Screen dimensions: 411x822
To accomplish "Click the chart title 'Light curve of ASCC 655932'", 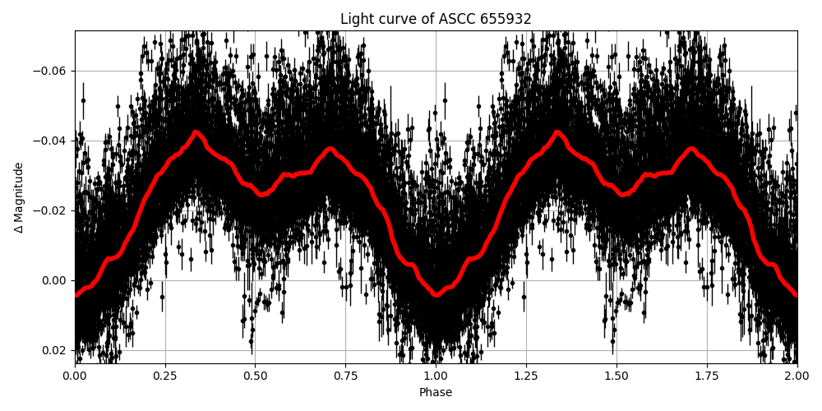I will click(436, 19).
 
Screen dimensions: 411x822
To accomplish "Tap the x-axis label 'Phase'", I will click(436, 392).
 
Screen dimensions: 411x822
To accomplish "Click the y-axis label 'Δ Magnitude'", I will click(19, 197).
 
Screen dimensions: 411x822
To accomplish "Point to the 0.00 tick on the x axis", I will click(75, 376).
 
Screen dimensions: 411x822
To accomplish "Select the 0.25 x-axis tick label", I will click(165, 376).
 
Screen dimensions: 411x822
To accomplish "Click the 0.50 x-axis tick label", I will click(256, 376).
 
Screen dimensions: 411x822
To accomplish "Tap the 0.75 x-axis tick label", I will click(345, 376).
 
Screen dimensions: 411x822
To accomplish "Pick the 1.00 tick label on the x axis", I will click(436, 376).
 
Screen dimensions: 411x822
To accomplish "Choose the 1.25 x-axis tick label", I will click(526, 376).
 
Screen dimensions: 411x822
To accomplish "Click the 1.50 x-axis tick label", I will click(616, 376).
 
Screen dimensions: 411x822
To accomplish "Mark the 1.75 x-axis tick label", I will click(707, 376).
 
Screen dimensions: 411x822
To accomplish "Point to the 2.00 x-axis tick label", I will click(797, 376).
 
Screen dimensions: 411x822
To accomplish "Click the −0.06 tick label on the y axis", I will click(51, 71).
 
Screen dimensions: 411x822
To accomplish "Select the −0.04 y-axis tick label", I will click(51, 141).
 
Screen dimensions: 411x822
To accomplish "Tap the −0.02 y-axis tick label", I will click(51, 210).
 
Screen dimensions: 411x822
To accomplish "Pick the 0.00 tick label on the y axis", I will click(56, 280).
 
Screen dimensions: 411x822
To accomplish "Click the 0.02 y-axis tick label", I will click(56, 350).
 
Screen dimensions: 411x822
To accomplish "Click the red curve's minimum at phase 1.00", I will click(436, 294).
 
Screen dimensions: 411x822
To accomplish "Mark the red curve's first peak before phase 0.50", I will click(196, 132).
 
